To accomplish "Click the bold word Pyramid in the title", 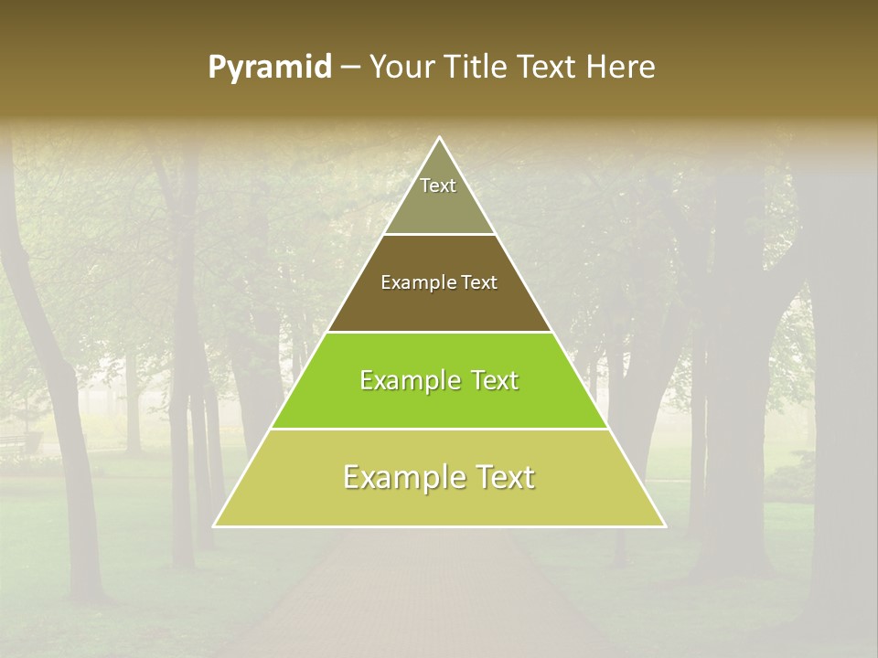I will [x=269, y=68].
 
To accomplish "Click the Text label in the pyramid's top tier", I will [x=438, y=186].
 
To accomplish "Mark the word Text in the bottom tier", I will [x=503, y=477].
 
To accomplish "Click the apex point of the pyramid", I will [x=439, y=138].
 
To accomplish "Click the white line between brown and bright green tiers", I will [x=439, y=332].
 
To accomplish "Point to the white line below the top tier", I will [x=439, y=235].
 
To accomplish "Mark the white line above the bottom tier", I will [x=439, y=429].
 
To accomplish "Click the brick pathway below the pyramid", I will [x=439, y=585].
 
